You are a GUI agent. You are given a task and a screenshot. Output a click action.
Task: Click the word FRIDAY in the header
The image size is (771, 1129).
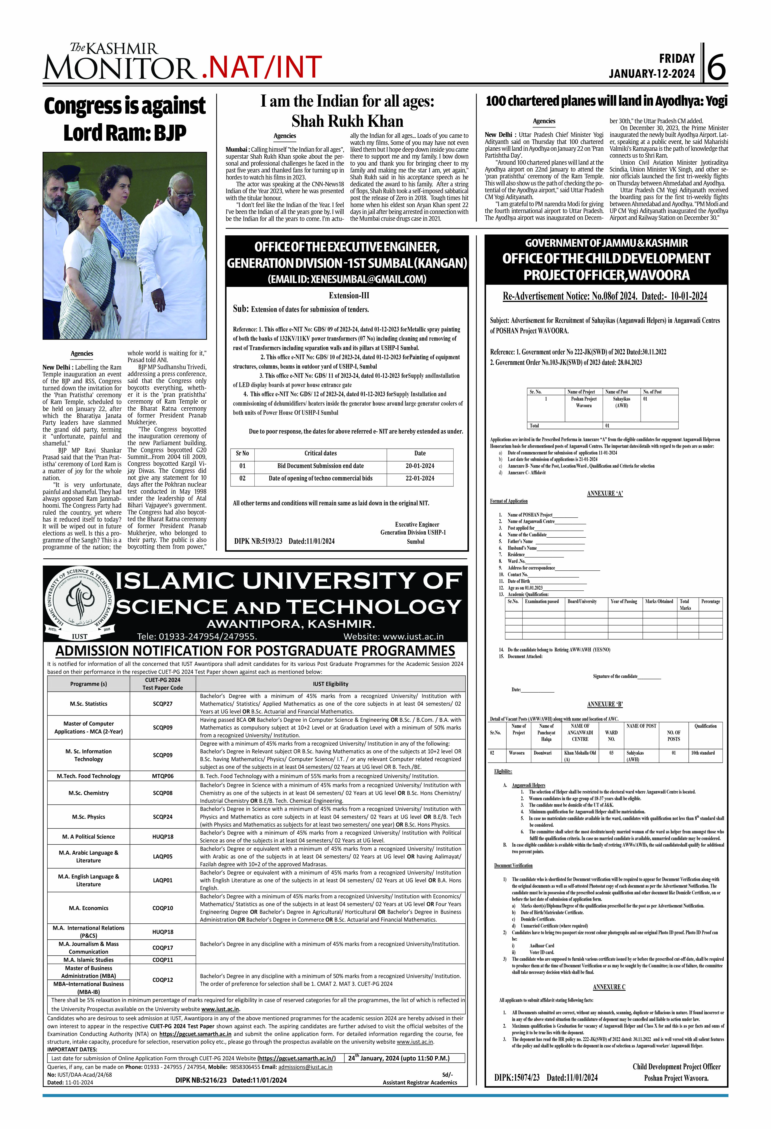click(x=677, y=59)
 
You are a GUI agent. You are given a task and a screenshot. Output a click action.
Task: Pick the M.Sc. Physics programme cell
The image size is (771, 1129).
click(x=88, y=817)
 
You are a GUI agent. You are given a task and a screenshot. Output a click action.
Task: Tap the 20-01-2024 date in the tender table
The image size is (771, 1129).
click(x=420, y=466)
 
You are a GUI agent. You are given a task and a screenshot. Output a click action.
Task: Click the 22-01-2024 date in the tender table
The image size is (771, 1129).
click(x=420, y=478)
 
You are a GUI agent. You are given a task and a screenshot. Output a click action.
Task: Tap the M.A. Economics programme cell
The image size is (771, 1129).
click(x=88, y=908)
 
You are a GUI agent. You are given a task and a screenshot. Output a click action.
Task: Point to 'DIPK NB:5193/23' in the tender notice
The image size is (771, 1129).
click(x=258, y=541)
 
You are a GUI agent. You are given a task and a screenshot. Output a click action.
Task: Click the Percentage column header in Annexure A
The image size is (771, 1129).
click(x=710, y=601)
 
